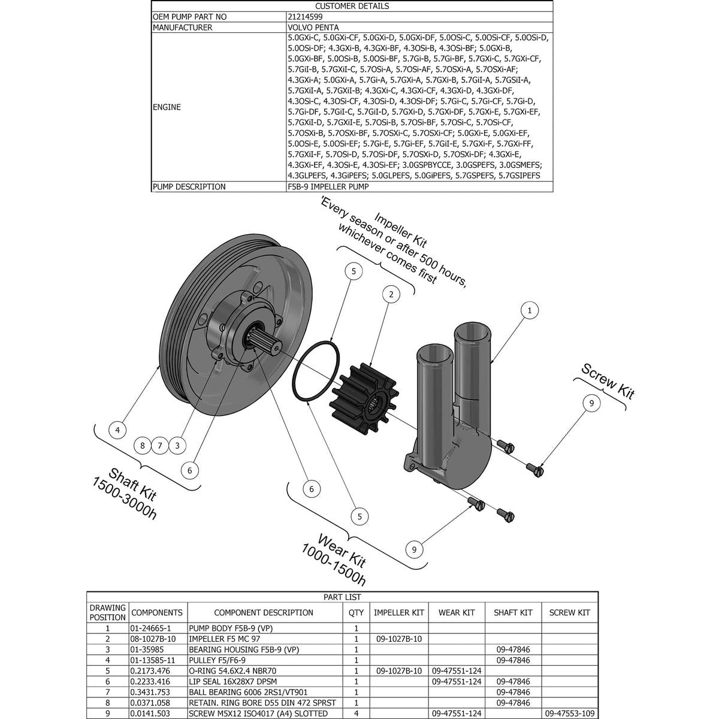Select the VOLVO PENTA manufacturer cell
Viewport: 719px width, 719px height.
pos(313,28)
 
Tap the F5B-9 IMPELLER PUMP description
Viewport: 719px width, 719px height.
pos(328,187)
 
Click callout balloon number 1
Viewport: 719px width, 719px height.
pos(529,310)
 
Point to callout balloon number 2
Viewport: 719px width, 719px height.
pos(391,294)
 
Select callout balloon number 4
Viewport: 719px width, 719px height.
pos(118,430)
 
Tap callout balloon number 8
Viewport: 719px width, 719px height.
pos(142,445)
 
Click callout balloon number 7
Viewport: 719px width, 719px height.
pos(159,445)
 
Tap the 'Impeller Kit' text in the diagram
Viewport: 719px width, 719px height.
pos(400,230)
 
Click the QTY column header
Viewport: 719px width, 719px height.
pos(356,612)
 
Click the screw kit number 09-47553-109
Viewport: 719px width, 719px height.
pos(569,714)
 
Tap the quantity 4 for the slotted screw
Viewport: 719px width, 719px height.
pos(356,714)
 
